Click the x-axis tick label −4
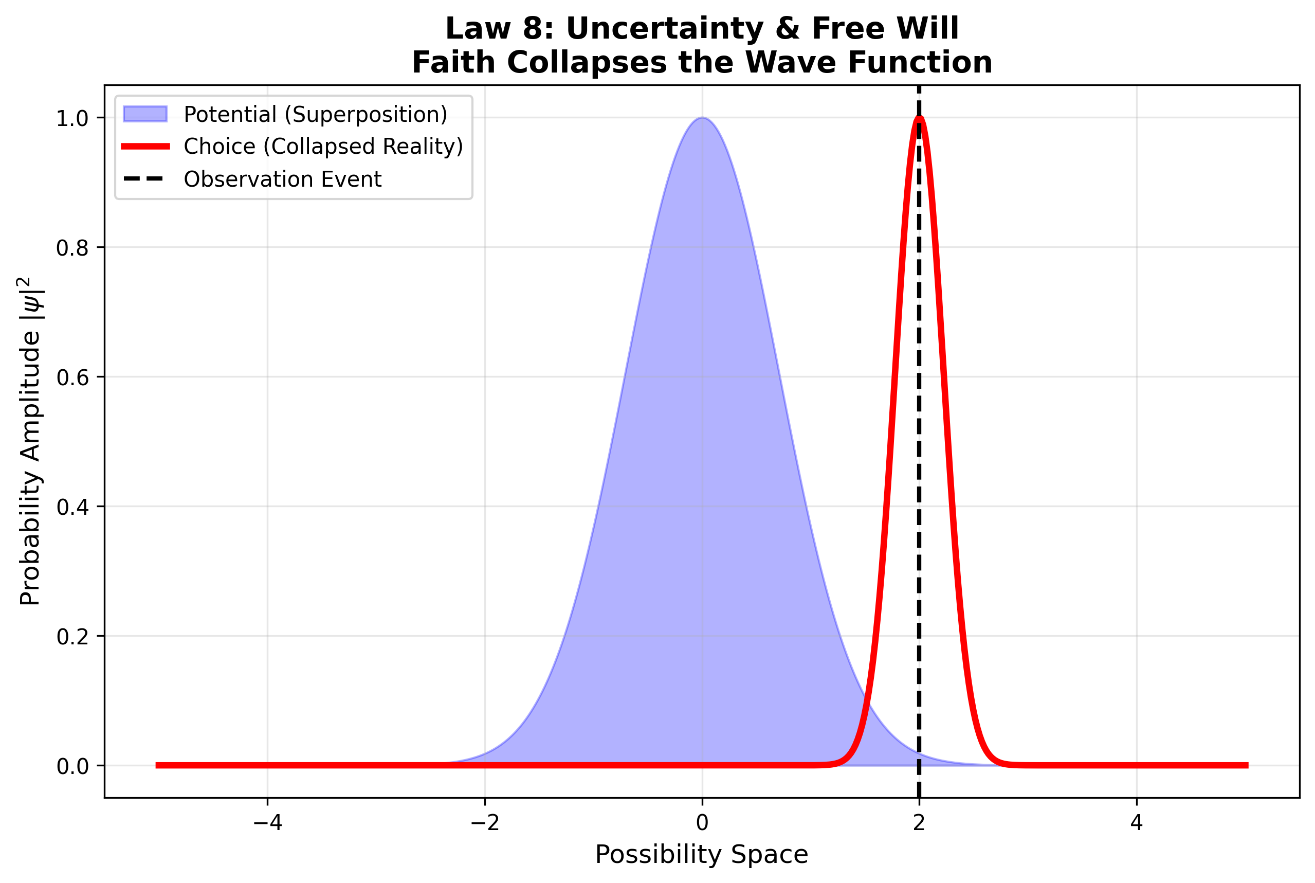(267, 823)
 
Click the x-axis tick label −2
(484, 823)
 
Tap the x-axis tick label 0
(702, 823)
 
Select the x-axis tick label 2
(919, 823)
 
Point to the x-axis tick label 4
(1137, 823)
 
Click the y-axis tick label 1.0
(72, 119)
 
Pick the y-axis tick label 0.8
(72, 248)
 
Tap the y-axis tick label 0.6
(72, 378)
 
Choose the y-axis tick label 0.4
(72, 508)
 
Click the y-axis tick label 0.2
(72, 637)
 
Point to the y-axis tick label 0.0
(72, 766)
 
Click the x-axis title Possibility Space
(701, 855)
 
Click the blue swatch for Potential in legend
(145, 114)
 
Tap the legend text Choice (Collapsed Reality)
(323, 147)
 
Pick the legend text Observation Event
(283, 179)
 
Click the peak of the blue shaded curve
(702, 118)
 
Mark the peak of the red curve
(919, 118)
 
